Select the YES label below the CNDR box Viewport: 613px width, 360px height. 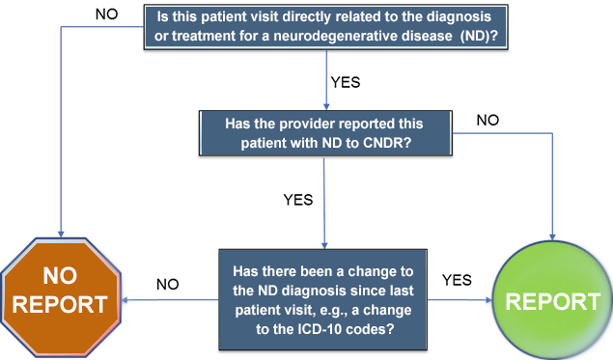[x=299, y=200]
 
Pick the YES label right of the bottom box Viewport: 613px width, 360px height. [x=456, y=280]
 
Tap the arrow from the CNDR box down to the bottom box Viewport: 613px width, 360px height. [x=323, y=203]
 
